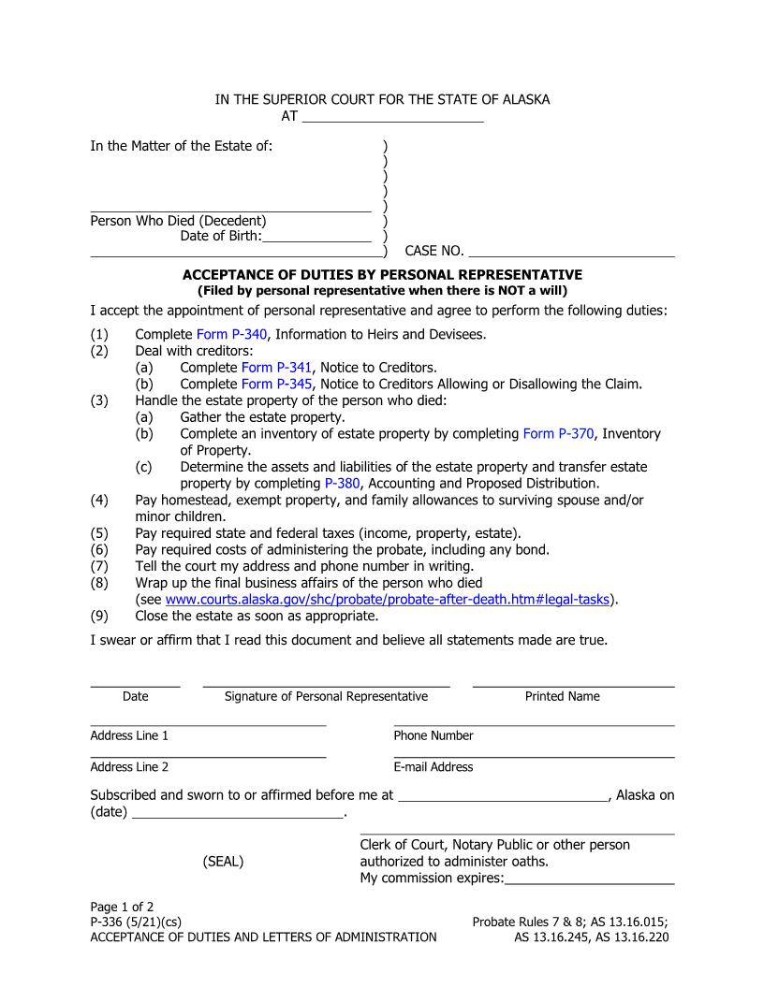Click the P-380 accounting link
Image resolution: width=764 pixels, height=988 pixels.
(x=342, y=484)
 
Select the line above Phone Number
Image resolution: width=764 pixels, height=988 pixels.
(x=534, y=724)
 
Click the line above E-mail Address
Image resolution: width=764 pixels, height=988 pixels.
(x=534, y=756)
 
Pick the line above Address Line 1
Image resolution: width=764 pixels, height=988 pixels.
(x=208, y=724)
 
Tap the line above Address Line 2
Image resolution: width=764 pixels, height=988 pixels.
(x=208, y=756)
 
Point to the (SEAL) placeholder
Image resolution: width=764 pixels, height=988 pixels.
(x=223, y=862)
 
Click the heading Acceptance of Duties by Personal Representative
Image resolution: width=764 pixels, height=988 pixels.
(x=382, y=275)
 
